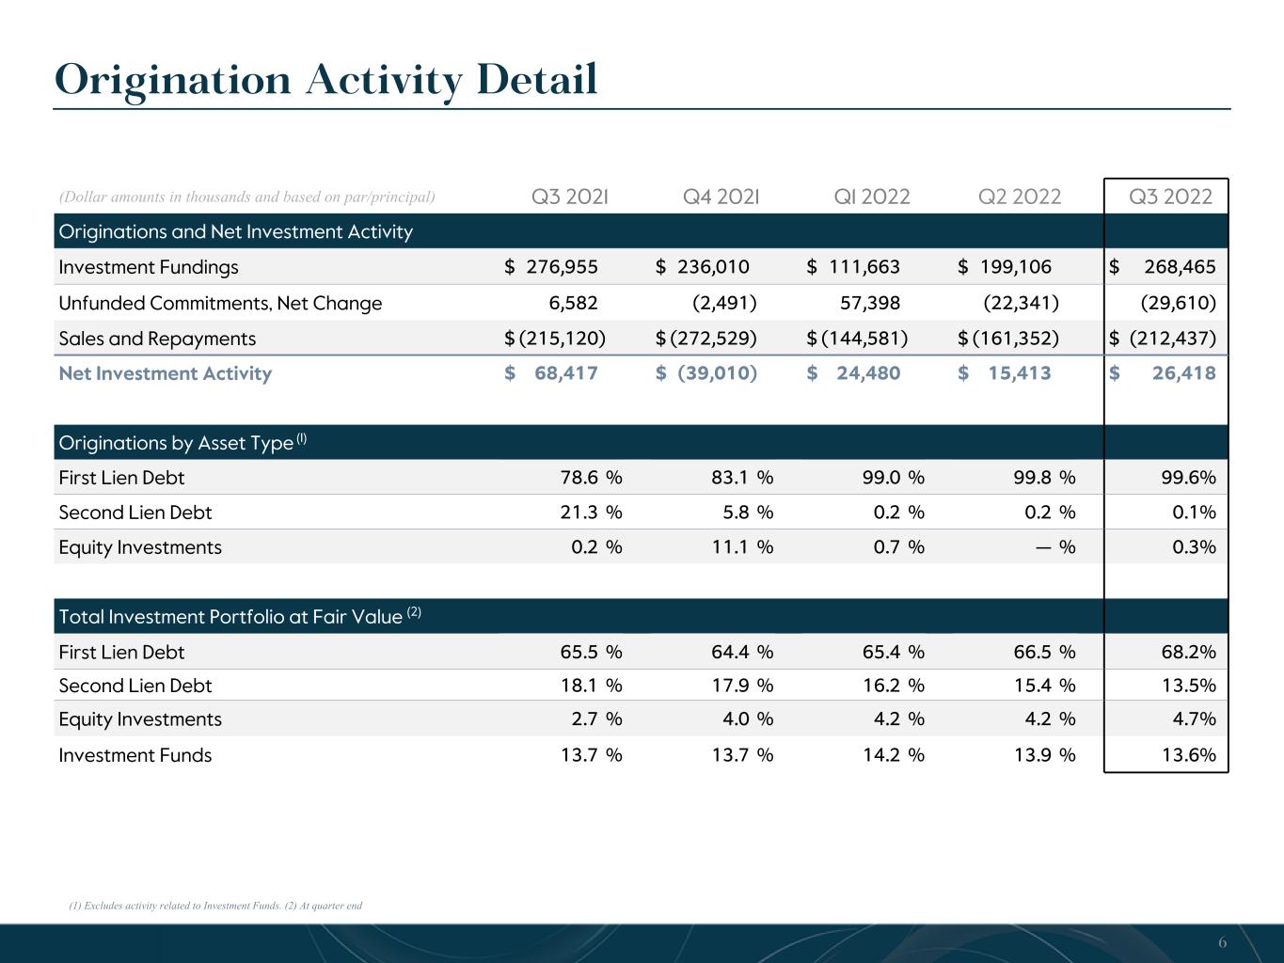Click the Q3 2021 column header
tap(570, 197)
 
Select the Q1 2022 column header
tap(872, 197)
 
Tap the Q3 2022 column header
tap(1170, 197)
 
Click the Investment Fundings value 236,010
tap(713, 267)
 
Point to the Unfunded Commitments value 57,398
tap(870, 303)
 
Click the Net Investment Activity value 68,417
tap(565, 373)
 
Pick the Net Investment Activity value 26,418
tap(1184, 373)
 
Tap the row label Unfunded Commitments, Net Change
tap(220, 303)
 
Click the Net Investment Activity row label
tap(166, 373)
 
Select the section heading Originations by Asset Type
tap(176, 443)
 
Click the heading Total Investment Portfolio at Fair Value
tap(230, 617)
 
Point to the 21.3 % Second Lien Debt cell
tap(591, 513)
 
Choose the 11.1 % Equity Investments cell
tap(742, 547)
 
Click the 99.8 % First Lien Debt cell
tap(1045, 478)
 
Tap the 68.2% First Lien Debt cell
tap(1189, 652)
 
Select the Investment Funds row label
tap(135, 755)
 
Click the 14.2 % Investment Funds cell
tap(894, 755)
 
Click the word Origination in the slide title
tap(172, 81)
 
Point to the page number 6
tap(1222, 942)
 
